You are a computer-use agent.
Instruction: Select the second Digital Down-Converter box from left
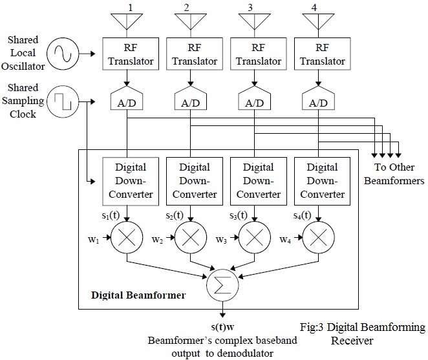pyautogui.click(x=191, y=181)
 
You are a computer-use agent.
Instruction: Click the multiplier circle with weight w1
pyautogui.click(x=127, y=237)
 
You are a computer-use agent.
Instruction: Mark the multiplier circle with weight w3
pyautogui.click(x=255, y=237)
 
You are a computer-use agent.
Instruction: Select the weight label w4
pyautogui.click(x=285, y=239)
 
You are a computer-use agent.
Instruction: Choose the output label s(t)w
pyautogui.click(x=222, y=327)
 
